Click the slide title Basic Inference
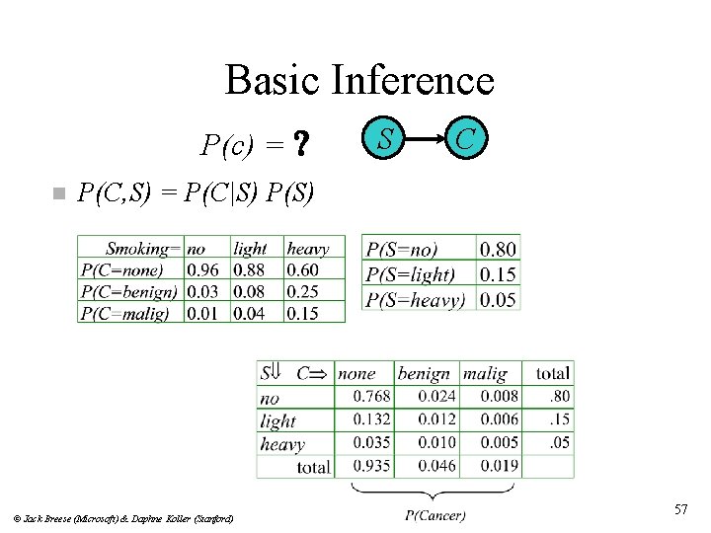(x=359, y=80)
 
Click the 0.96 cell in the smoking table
(x=203, y=269)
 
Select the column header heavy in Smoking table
(x=308, y=249)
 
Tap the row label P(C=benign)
(x=129, y=291)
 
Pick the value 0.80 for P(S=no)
(x=498, y=250)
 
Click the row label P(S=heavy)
(x=416, y=299)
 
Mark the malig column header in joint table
(x=485, y=374)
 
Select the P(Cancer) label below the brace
(x=435, y=514)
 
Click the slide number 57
(x=680, y=509)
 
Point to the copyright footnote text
(x=123, y=518)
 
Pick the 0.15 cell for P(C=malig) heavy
(x=304, y=313)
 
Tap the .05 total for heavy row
(x=560, y=442)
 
